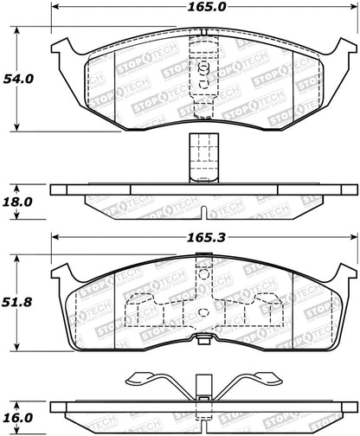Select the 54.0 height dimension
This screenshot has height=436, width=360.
point(22,78)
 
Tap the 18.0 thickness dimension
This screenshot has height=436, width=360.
point(22,200)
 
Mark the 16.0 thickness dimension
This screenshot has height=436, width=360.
point(22,418)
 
